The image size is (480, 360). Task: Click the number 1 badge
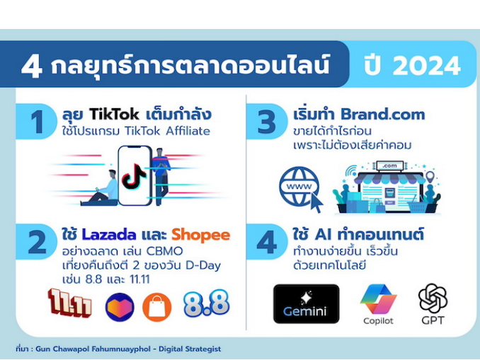[37, 122]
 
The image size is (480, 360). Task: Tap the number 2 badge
[37, 242]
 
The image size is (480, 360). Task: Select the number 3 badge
[267, 122]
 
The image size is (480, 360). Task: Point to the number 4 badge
[267, 242]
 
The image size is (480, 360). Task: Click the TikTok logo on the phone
[134, 176]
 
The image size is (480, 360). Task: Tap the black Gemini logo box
[306, 303]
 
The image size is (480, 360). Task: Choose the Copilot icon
[378, 299]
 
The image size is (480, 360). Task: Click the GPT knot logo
[433, 298]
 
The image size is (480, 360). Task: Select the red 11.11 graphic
[70, 303]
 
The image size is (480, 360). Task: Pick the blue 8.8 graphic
[206, 303]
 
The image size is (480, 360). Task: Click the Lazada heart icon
[120, 307]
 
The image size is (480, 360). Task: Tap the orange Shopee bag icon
[156, 307]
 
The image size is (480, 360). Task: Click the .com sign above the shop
[389, 166]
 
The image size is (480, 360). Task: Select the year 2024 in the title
[427, 66]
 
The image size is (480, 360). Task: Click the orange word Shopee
[200, 235]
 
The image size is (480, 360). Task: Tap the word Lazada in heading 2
[109, 235]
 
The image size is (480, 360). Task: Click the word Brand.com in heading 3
[382, 115]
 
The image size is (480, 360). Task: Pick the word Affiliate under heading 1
[188, 131]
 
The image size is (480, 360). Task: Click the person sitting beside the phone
[101, 188]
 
